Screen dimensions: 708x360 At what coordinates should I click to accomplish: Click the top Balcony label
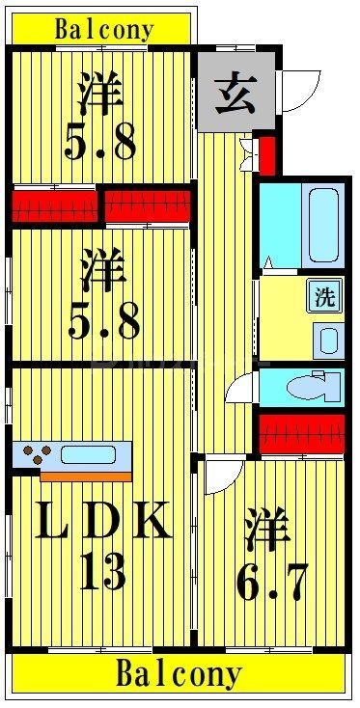tap(103, 29)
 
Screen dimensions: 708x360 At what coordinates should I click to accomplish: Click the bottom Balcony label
tap(179, 674)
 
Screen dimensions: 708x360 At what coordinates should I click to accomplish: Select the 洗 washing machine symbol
tap(326, 297)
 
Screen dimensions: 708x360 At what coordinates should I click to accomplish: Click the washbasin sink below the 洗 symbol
tap(328, 340)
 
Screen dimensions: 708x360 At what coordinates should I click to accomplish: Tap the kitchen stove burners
tap(40, 452)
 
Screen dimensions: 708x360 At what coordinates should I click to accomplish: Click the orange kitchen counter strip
tap(86, 475)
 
